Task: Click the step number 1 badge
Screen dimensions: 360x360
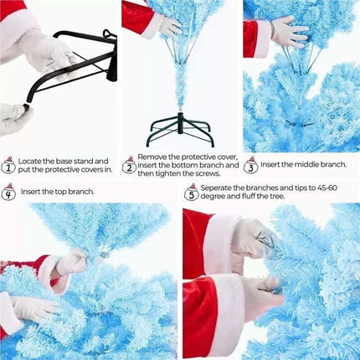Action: (9, 165)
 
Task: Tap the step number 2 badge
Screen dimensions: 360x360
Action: (129, 165)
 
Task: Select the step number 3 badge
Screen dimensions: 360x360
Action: (250, 165)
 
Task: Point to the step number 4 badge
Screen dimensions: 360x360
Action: (8, 192)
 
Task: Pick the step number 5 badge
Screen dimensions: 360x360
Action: (192, 192)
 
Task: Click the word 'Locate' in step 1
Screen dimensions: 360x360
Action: (30, 162)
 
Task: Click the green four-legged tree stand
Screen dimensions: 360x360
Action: (180, 129)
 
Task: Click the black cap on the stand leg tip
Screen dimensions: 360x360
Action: (27, 107)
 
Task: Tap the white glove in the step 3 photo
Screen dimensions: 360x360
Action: (290, 33)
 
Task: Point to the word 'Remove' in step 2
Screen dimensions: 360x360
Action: (152, 157)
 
